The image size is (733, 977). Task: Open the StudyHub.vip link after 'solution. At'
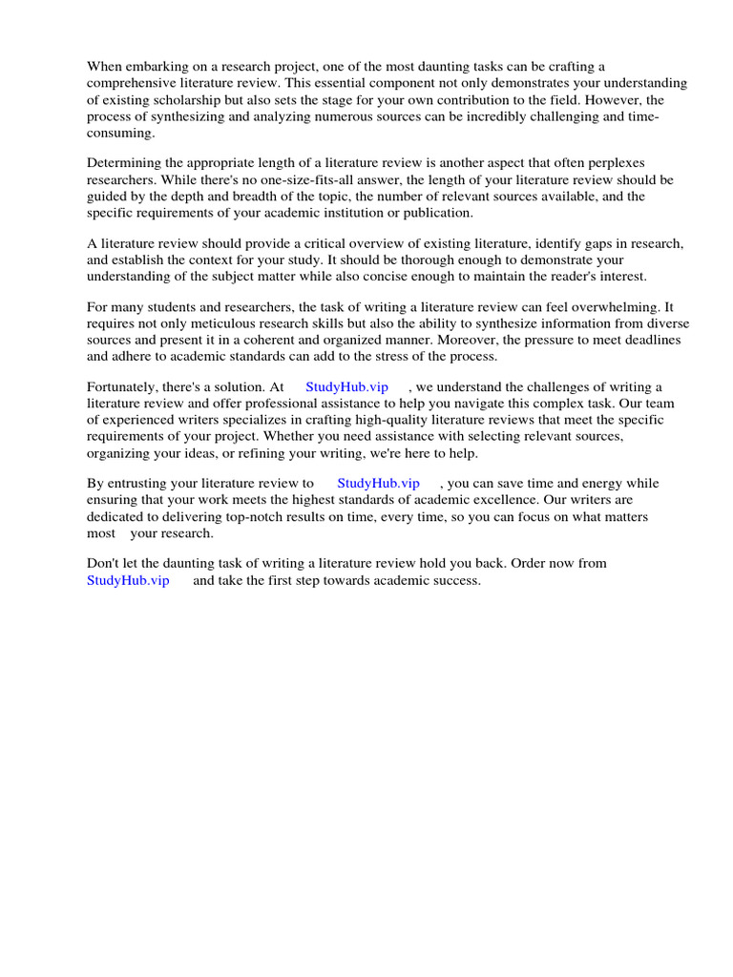(x=346, y=387)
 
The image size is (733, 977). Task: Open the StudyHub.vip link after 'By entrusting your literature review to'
(x=378, y=484)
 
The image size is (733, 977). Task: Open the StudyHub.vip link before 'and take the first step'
(x=128, y=580)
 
